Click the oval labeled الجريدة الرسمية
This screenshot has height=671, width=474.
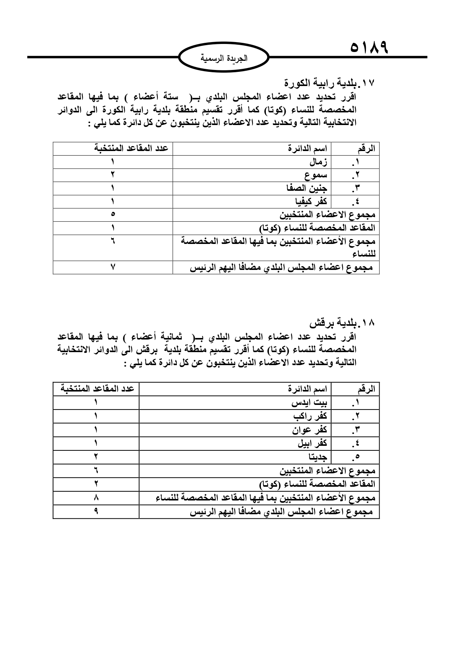224,58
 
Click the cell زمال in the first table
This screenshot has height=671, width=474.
318,162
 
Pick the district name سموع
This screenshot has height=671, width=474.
316,175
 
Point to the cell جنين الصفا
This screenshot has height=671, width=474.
307,188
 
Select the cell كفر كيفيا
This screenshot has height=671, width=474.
311,201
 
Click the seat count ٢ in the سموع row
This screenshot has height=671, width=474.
113,175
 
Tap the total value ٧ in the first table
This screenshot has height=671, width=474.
113,267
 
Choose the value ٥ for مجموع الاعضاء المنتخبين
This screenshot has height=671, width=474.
113,215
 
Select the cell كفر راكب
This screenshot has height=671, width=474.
311,416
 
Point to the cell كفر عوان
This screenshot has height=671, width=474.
310,430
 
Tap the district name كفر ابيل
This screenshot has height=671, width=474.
312,444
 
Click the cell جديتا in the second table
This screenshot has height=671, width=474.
318,457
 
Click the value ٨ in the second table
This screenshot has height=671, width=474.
96,498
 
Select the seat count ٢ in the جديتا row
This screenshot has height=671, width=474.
96,457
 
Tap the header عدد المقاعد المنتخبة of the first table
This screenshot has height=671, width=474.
131,148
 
